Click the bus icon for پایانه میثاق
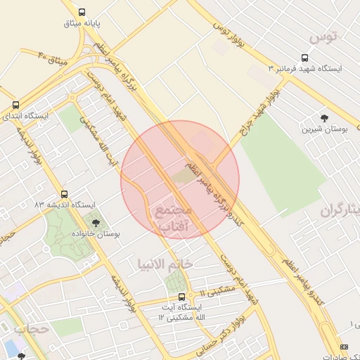coord(83,12)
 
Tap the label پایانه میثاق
coord(84,23)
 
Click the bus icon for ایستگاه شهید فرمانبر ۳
coord(304,58)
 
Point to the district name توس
coord(324,35)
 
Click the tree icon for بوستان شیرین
coord(323,118)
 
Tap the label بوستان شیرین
coord(321,129)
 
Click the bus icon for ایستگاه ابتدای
coord(15,103)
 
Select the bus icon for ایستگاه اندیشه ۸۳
coord(65,194)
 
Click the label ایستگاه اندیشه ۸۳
coord(64,205)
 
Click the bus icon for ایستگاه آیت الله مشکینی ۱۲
coord(182,297)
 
